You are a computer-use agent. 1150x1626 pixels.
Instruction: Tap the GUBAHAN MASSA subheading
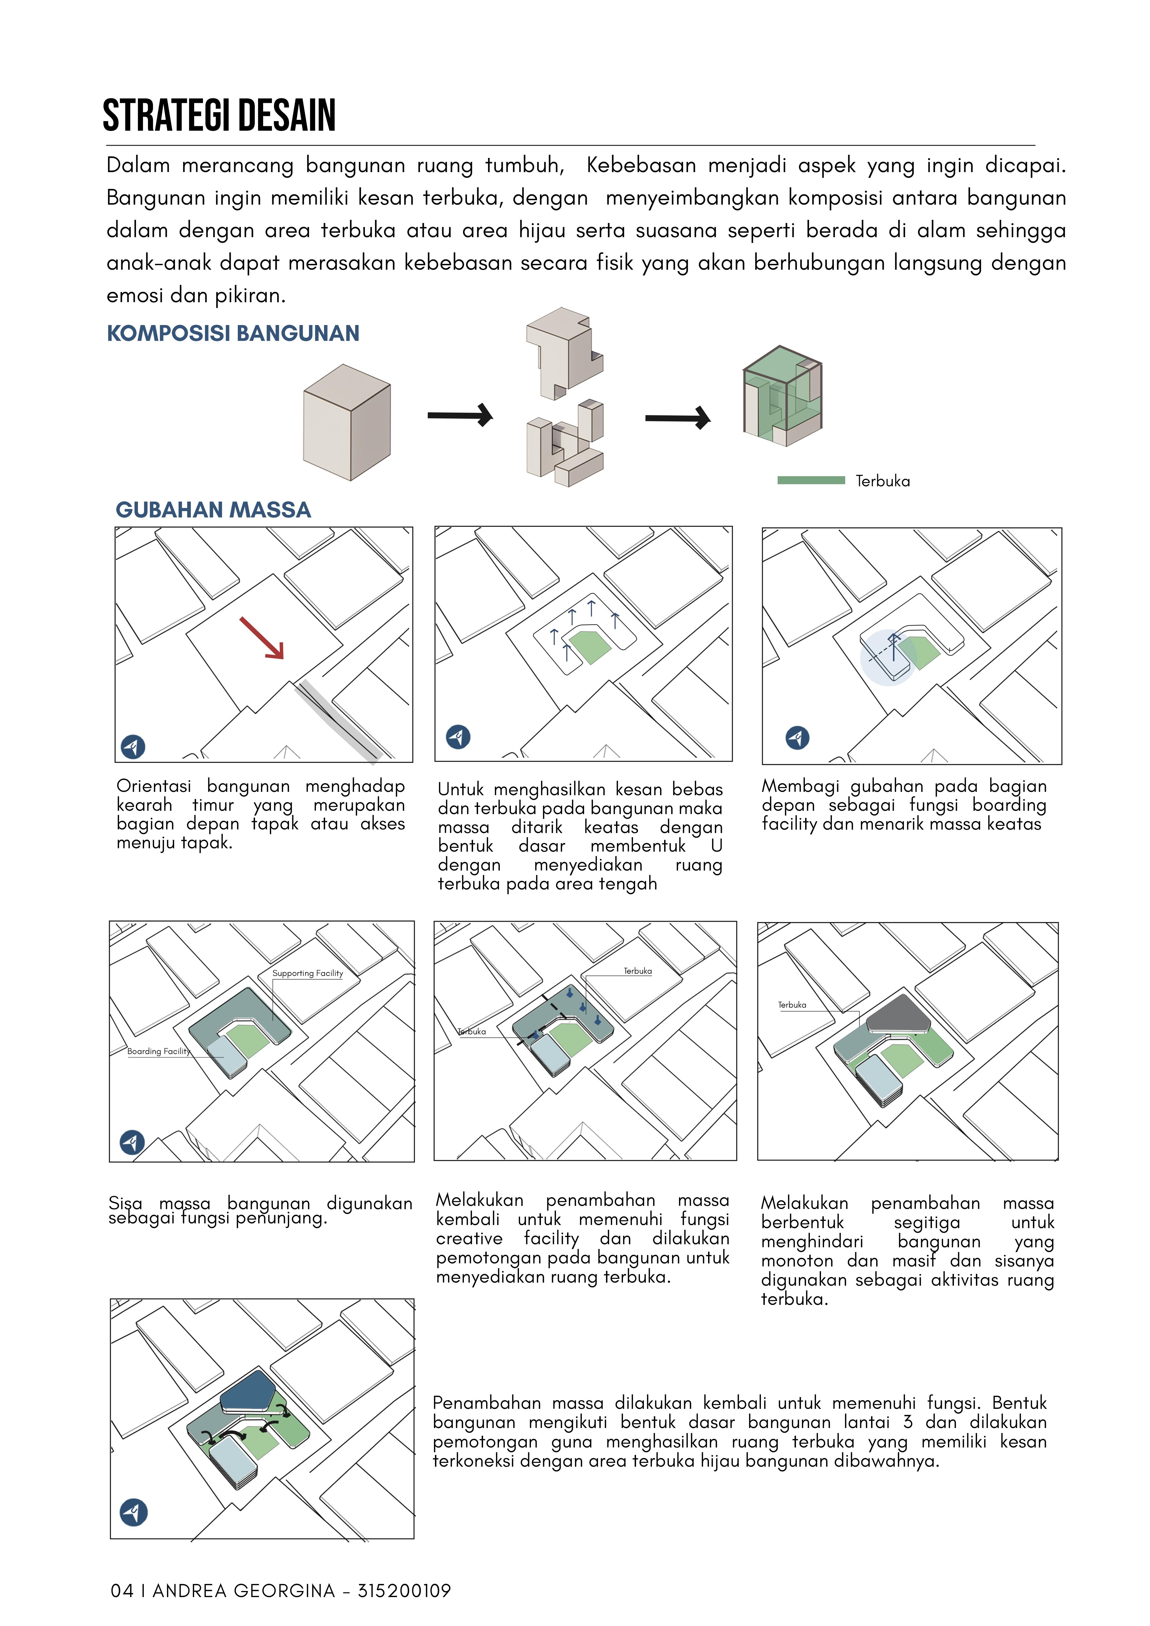213,510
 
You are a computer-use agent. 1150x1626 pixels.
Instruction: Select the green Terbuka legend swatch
811,480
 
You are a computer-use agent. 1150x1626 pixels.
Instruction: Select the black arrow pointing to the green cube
677,418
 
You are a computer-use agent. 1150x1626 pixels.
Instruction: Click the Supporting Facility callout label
308,973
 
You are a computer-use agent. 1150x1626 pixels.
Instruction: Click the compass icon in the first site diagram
133,747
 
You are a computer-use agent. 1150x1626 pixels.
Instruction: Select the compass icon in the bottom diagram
133,1512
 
